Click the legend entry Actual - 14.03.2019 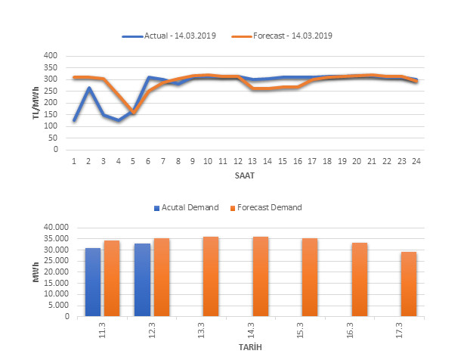click(176, 36)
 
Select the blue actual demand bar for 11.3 click(92, 282)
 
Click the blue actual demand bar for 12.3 click(142, 280)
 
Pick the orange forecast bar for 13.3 click(211, 277)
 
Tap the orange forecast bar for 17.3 click(409, 284)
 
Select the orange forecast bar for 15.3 click(310, 278)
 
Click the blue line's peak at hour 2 click(89, 88)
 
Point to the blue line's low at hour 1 click(74, 120)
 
